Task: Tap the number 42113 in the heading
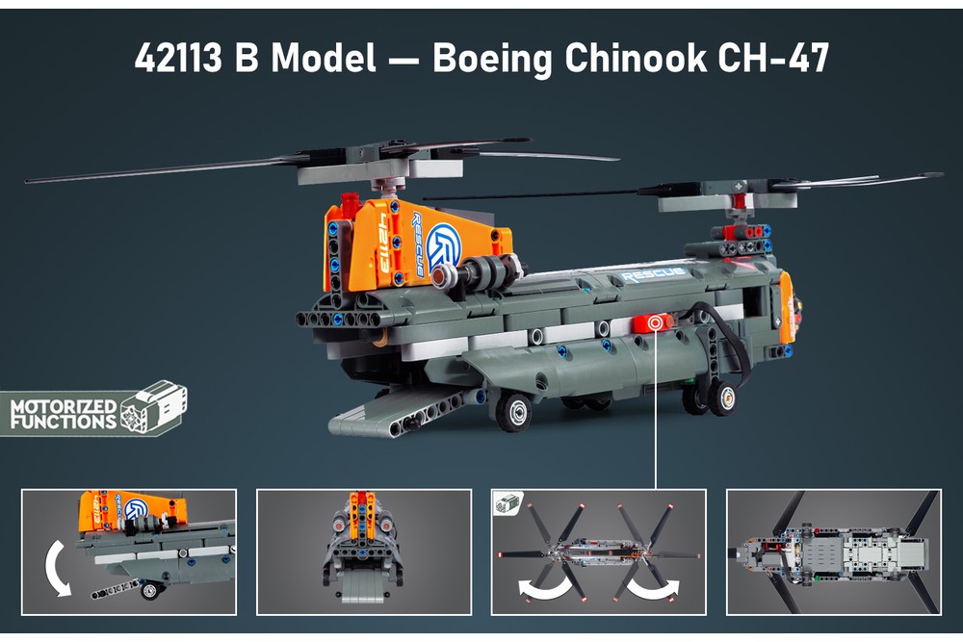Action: point(178,59)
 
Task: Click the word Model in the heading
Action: point(324,59)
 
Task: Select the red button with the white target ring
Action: point(655,322)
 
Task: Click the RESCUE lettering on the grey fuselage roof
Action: point(654,275)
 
